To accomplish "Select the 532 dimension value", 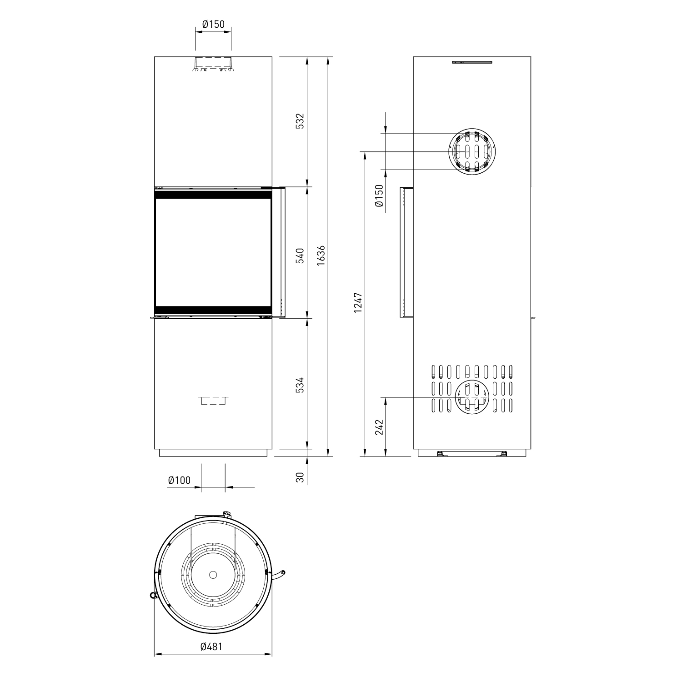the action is (x=299, y=121).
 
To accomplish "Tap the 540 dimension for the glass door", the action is (x=299, y=257).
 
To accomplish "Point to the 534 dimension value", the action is (x=299, y=385).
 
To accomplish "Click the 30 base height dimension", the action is (x=299, y=477).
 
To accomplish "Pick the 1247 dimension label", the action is (x=358, y=302).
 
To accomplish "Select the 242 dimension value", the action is (x=380, y=427).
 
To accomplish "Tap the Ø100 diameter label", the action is (x=179, y=480).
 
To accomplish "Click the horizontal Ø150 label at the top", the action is (x=213, y=24).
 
